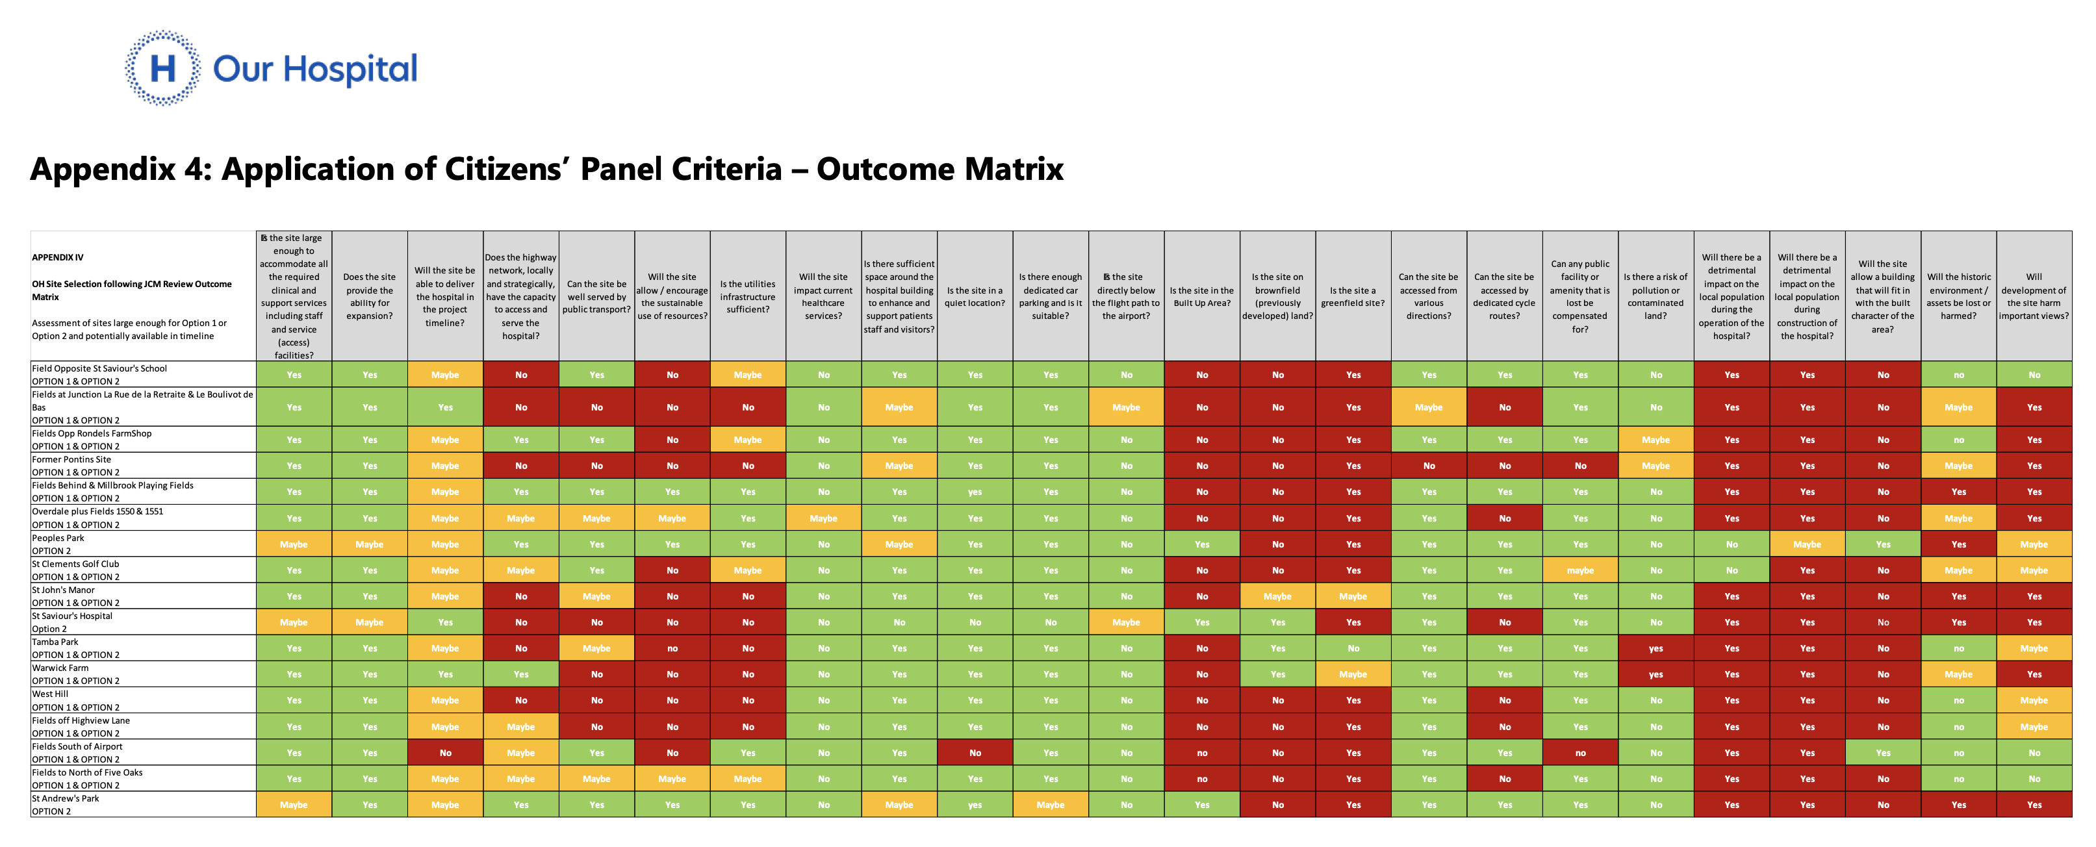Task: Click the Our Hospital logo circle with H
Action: [162, 68]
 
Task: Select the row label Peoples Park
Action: [58, 538]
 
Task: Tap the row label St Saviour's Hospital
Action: [71, 616]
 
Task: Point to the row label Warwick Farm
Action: [60, 668]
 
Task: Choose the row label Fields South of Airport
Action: [77, 746]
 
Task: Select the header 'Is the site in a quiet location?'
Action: [975, 297]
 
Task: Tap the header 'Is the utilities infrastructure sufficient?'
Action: [748, 297]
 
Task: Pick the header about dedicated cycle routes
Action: [1505, 297]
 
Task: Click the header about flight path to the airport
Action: [1126, 297]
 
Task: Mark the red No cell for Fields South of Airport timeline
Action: [445, 753]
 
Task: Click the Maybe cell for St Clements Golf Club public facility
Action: [1580, 570]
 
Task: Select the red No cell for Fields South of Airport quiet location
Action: [975, 753]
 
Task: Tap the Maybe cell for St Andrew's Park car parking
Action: [1051, 805]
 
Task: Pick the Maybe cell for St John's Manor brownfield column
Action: [1277, 596]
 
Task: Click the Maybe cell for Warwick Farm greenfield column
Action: [1353, 674]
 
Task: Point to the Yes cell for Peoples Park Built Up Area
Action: [1202, 544]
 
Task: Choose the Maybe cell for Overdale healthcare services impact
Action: [823, 518]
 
